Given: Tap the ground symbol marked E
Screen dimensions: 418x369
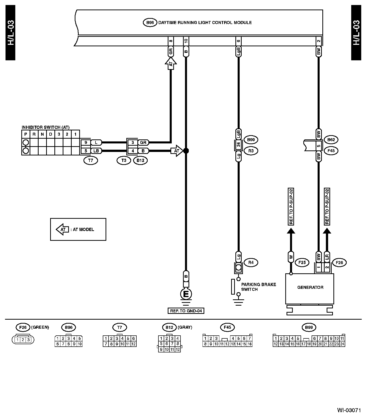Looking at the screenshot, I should click(186, 294).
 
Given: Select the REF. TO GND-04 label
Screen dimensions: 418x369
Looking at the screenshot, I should click(186, 311).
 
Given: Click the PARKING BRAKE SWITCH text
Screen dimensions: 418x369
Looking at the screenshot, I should click(258, 287).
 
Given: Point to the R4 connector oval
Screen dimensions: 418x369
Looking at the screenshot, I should click(251, 263).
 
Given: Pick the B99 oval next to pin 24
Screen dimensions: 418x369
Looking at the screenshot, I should click(251, 140).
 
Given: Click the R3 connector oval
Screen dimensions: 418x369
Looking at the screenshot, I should click(251, 151).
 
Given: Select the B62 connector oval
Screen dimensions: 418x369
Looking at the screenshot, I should click(331, 140).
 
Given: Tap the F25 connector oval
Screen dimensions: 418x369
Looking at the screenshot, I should click(302, 263).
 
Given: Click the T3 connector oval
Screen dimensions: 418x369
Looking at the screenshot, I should click(124, 160).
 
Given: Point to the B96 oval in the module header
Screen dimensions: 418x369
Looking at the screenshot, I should click(150, 23).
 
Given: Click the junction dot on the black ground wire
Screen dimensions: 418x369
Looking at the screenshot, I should click(186, 151).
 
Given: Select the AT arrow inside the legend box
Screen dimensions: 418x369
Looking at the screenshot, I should click(62, 229).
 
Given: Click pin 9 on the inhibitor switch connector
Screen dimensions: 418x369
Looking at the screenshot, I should click(86, 143).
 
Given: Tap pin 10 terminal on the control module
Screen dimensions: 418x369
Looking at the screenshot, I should click(186, 41).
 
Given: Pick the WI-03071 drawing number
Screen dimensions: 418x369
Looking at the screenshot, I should click(349, 410).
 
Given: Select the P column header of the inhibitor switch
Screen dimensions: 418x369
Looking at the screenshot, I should click(26, 134).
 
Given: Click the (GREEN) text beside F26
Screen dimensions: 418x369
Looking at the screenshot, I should click(40, 327).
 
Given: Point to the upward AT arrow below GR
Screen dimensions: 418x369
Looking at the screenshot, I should click(171, 64).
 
